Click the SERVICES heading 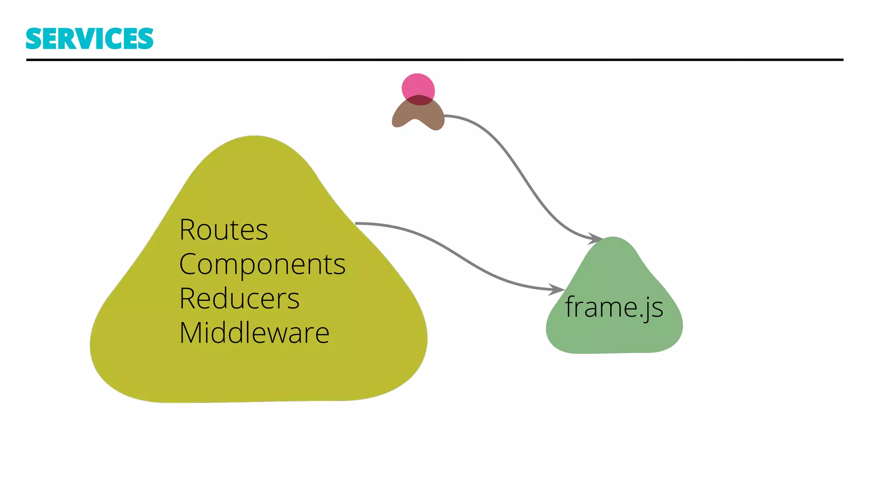[90, 39]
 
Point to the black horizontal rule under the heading [434, 60]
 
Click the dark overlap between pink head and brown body [419, 100]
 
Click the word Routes [223, 230]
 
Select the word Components [262, 265]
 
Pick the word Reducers [239, 299]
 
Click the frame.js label [614, 307]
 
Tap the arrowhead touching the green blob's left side [557, 289]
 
